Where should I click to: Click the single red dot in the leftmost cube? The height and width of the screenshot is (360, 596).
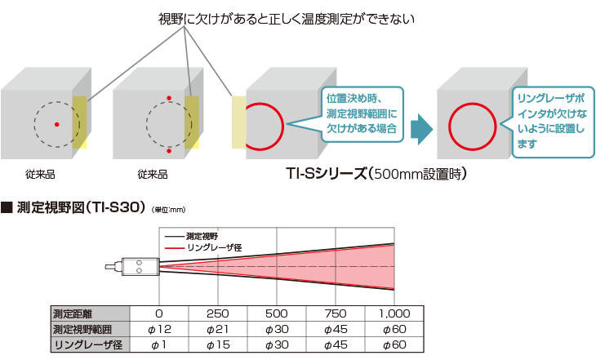(56, 123)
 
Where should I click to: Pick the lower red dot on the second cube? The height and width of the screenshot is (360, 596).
(169, 152)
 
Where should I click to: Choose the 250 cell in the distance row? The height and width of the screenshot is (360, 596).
(219, 313)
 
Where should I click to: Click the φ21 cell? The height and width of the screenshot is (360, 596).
(219, 329)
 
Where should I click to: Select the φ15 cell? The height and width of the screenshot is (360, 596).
(219, 344)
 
